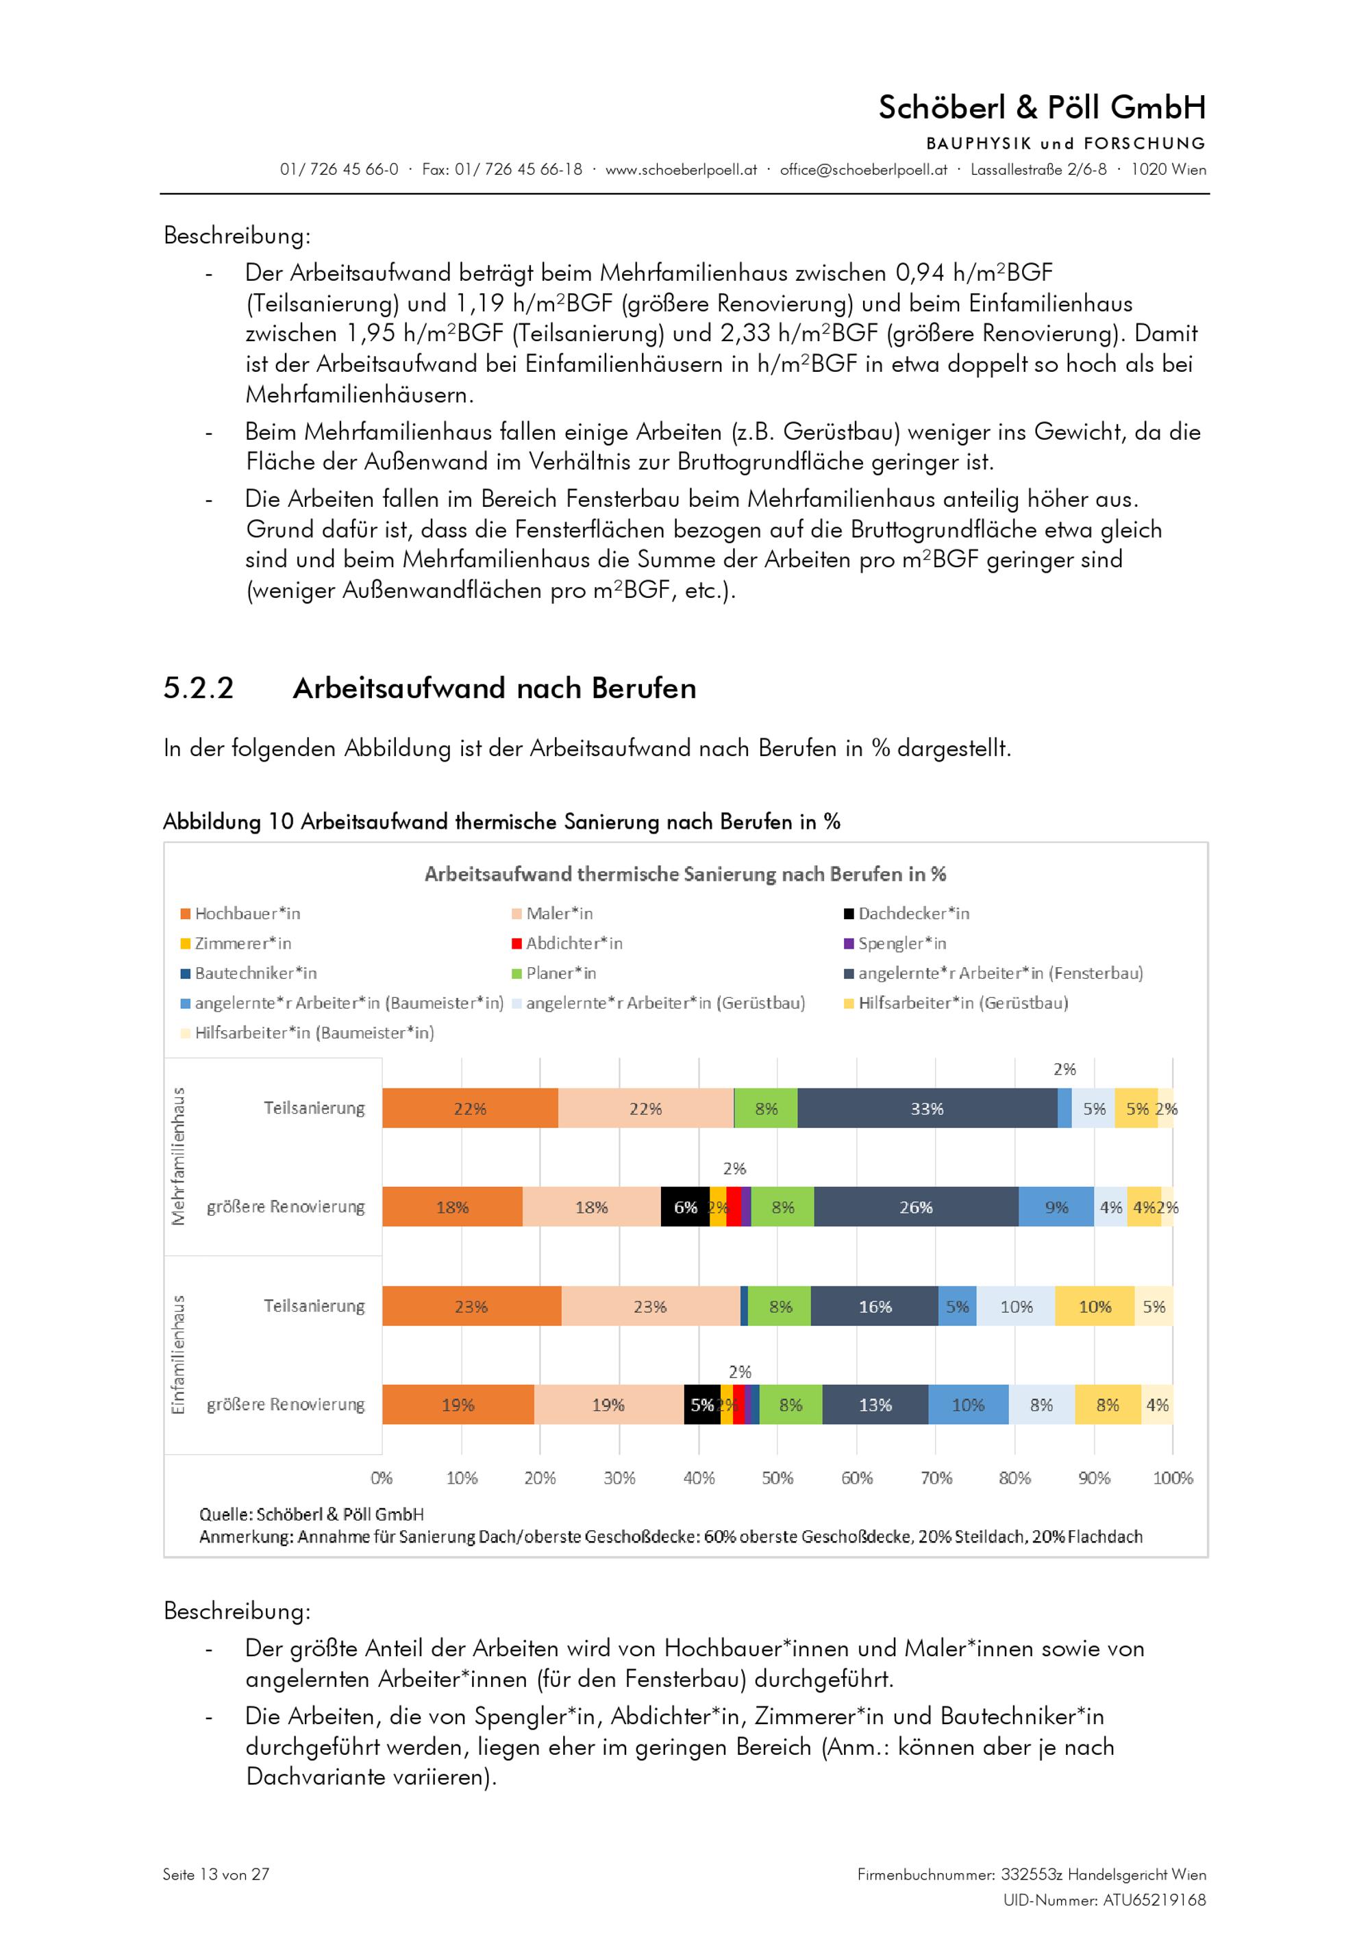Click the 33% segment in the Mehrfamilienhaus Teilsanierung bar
pos(926,1108)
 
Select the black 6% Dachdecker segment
pos(684,1208)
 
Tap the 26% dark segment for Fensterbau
pos(915,1208)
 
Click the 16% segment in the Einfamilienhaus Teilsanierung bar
pos(874,1307)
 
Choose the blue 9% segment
pos(1056,1208)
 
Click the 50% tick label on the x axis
pos(777,1478)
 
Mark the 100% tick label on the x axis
pos(1172,1478)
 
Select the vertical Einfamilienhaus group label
pos(178,1355)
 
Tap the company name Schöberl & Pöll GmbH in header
pos(1041,107)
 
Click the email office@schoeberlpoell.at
pos(863,170)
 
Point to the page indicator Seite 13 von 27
pos(216,1875)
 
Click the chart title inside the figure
pos(684,874)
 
